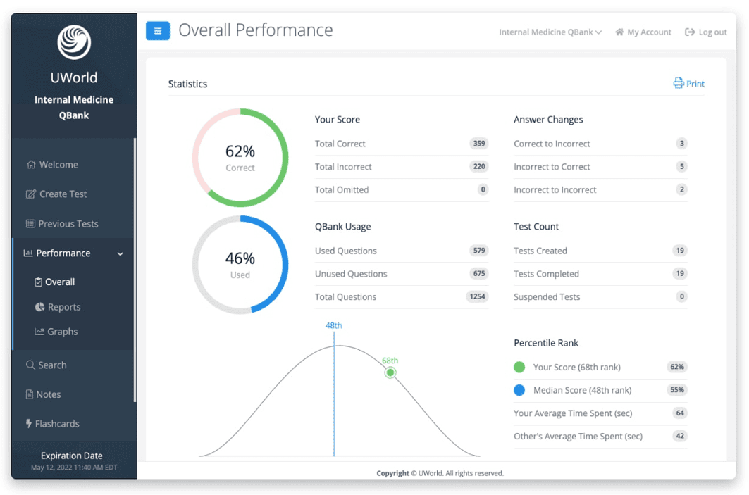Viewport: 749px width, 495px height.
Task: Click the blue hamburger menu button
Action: click(158, 31)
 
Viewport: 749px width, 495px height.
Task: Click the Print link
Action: click(689, 84)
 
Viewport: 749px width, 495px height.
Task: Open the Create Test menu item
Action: click(56, 194)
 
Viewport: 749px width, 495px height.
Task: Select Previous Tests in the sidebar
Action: click(61, 223)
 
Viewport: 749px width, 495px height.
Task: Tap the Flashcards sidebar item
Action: click(53, 423)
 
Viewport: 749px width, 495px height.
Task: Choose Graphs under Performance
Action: click(56, 331)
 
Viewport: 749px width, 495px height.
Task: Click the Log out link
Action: click(705, 32)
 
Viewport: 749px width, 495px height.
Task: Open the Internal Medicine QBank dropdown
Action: click(550, 32)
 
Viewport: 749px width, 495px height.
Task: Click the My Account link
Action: click(643, 32)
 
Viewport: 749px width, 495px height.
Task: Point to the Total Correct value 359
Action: click(479, 143)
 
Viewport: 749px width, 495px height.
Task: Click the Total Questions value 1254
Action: click(477, 296)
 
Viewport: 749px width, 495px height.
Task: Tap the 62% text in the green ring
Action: click(240, 151)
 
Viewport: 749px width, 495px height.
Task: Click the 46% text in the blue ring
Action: click(240, 258)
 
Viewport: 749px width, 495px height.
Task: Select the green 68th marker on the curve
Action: click(390, 372)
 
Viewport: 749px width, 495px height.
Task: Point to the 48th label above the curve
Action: click(334, 325)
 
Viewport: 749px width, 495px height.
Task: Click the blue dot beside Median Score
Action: click(519, 390)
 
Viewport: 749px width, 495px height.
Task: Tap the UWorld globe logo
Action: click(74, 42)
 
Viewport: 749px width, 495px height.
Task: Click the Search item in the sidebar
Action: click(47, 365)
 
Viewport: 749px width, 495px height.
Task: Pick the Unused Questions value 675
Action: click(479, 273)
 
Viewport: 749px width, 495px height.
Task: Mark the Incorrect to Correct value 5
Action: click(681, 166)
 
